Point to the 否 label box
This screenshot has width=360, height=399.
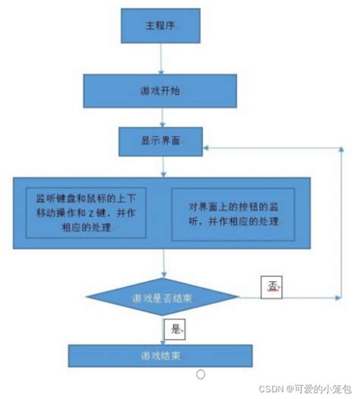click(272, 285)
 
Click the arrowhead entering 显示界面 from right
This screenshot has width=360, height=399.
click(210, 144)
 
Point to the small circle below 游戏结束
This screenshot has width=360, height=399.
click(201, 374)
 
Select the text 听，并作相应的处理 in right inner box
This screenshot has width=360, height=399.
click(228, 221)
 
